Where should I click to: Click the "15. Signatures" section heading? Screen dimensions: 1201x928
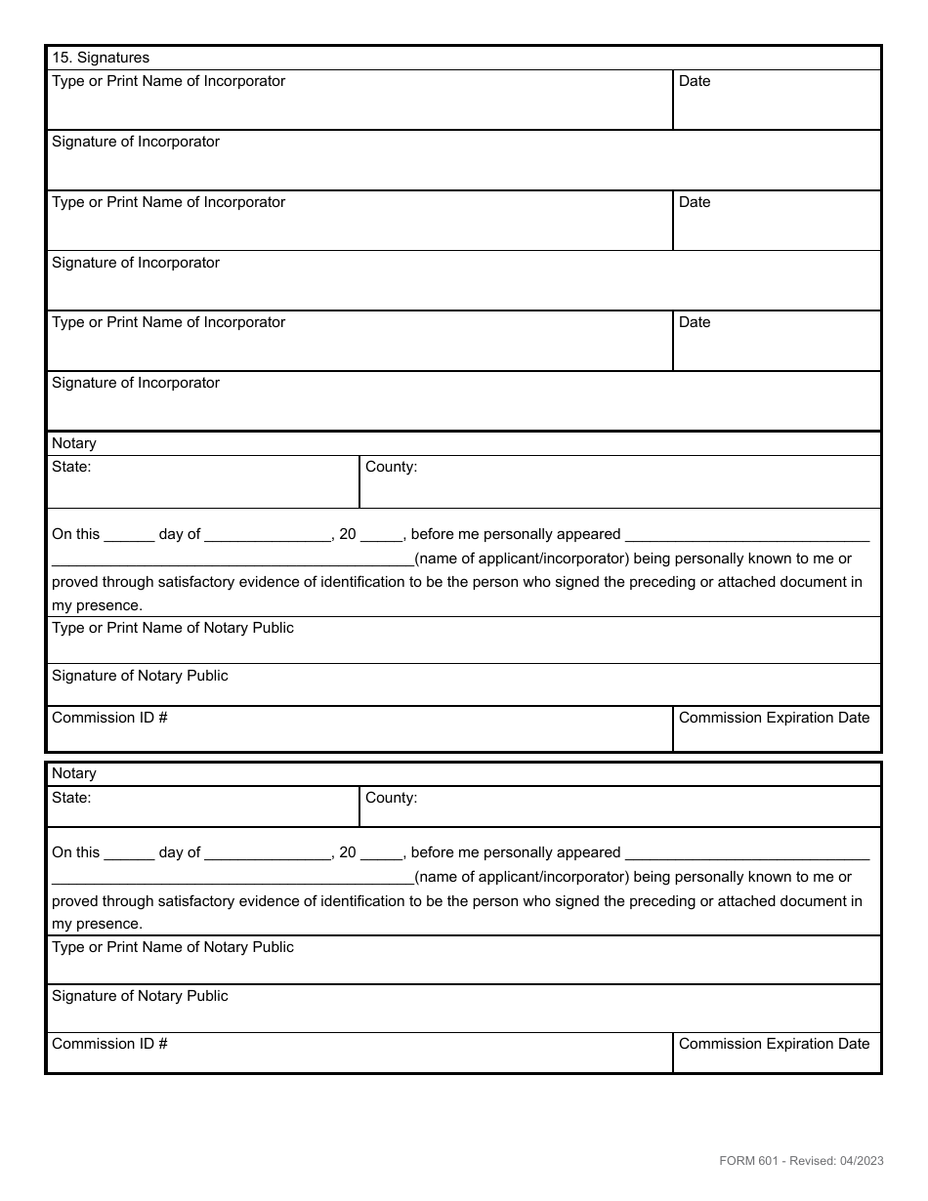101,58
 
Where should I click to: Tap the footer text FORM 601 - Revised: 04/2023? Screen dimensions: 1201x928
801,1160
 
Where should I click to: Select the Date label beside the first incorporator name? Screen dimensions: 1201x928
695,81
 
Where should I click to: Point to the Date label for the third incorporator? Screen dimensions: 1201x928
695,322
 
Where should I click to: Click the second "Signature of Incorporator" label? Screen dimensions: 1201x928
136,263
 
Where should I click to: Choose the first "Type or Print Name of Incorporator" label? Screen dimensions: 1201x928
168,81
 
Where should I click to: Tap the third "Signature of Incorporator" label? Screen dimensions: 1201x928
136,383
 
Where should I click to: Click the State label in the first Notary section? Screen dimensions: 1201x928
71,467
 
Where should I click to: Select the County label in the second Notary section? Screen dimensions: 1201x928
391,798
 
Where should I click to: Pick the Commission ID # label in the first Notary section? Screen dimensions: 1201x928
109,718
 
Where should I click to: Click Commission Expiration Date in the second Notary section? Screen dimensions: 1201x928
774,1044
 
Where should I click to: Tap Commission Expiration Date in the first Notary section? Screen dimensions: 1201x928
774,718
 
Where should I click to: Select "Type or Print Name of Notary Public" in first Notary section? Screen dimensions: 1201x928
173,628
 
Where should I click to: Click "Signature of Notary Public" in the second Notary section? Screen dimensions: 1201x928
140,996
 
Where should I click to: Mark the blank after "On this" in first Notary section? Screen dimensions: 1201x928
129,536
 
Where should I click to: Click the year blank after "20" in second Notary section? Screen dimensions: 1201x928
382,854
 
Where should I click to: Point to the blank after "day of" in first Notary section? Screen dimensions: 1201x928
269,536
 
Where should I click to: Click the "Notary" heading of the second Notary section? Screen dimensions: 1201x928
74,773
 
